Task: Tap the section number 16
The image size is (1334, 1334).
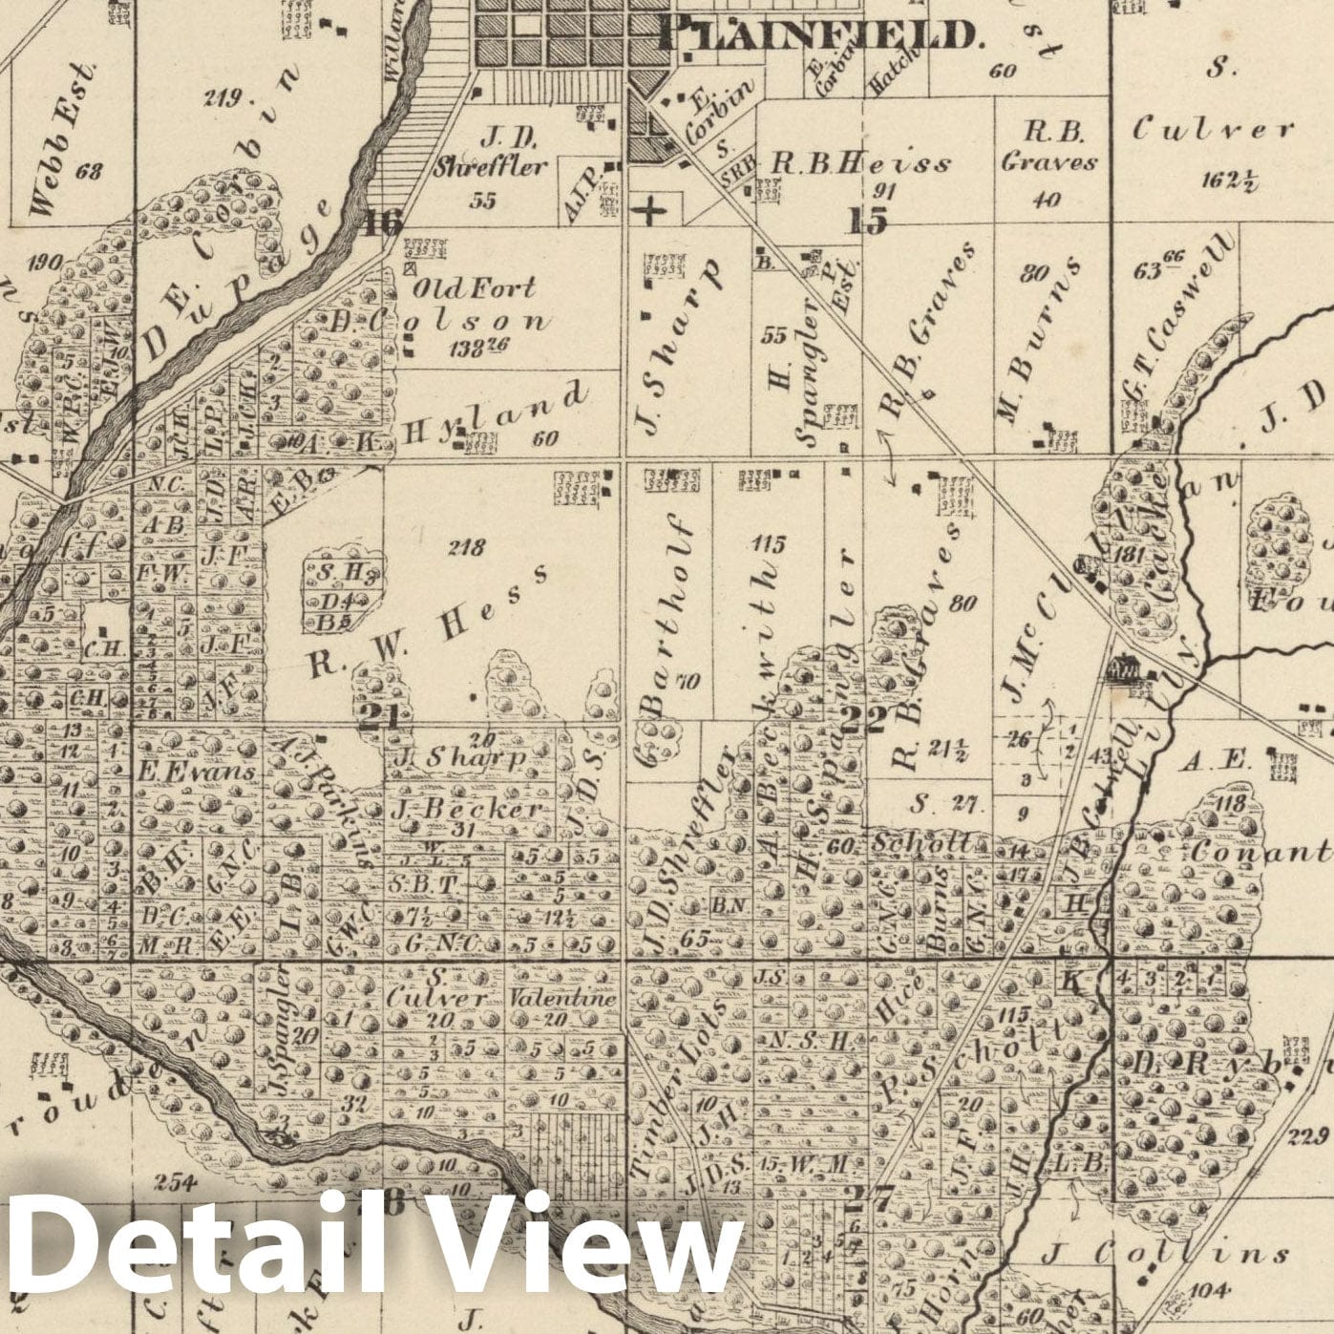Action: pyautogui.click(x=383, y=222)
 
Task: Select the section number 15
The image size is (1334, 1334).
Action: pyautogui.click(x=867, y=220)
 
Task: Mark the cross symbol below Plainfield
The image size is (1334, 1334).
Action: pyautogui.click(x=652, y=208)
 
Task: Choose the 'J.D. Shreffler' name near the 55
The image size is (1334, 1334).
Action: pyautogui.click(x=491, y=152)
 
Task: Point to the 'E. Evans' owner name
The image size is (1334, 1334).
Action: pyautogui.click(x=196, y=771)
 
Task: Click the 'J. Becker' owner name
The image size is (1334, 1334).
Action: pyautogui.click(x=467, y=809)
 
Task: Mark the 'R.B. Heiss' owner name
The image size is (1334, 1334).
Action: pyautogui.click(x=861, y=163)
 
